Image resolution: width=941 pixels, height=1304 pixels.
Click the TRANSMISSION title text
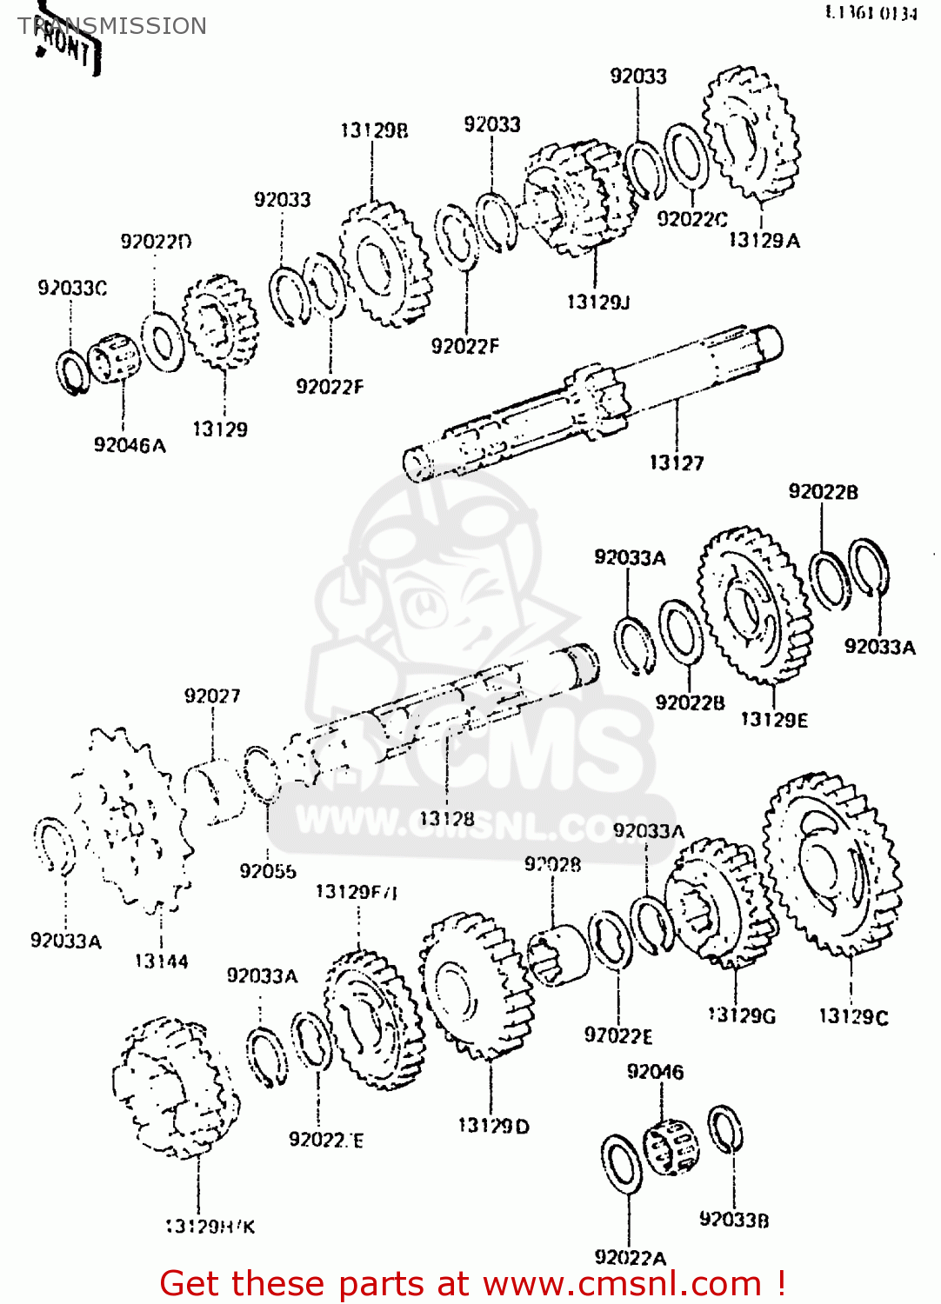click(113, 26)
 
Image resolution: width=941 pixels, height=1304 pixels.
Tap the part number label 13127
click(676, 462)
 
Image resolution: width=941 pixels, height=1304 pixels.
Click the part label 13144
click(161, 961)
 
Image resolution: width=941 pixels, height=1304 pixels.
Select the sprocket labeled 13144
click(130, 822)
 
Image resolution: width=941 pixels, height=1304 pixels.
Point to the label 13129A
click(764, 241)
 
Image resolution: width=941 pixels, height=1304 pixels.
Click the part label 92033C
click(72, 288)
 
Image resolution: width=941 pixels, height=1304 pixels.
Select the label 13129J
click(597, 302)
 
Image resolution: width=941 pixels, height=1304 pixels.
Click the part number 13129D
click(493, 1126)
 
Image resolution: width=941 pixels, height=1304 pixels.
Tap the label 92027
click(212, 695)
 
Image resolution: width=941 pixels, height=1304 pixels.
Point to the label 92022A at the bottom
click(630, 1257)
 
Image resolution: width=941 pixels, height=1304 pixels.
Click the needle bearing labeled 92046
click(671, 1146)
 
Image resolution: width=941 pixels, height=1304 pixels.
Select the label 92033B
click(734, 1220)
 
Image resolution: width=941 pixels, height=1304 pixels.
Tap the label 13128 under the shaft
click(446, 818)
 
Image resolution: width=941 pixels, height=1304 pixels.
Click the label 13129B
click(374, 130)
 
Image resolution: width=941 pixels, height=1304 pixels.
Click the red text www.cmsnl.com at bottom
click(622, 1283)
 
